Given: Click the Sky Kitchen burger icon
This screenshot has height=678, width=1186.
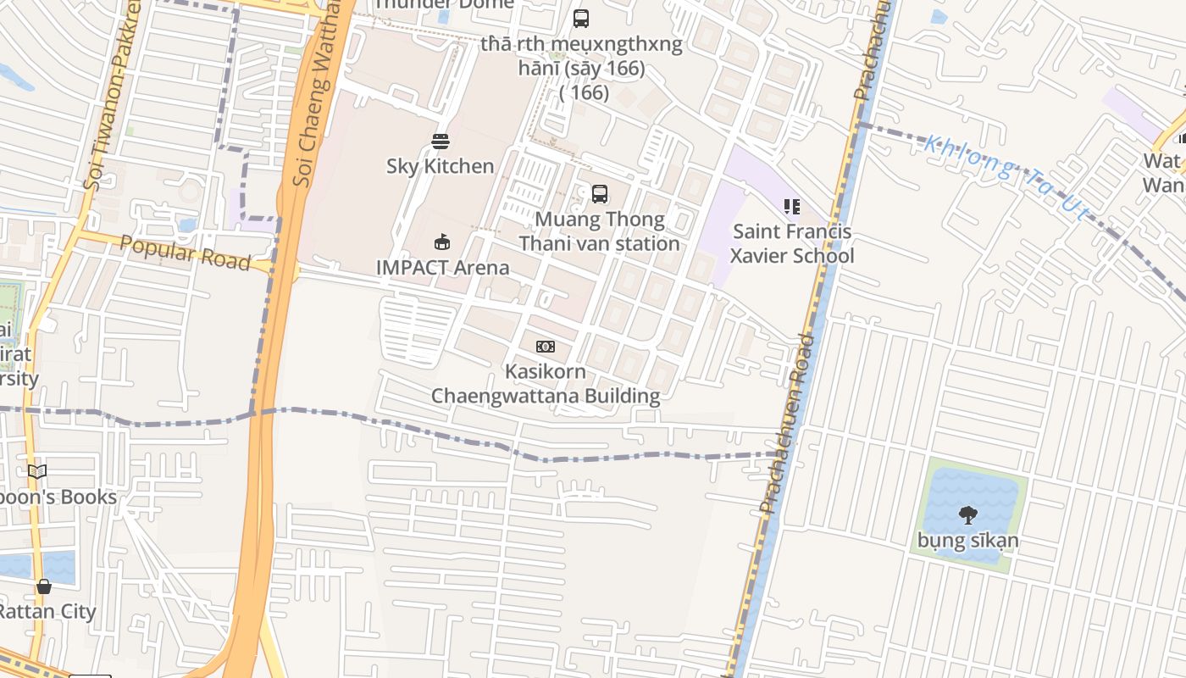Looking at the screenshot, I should [441, 141].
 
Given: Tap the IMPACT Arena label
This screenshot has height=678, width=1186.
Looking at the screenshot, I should [442, 268].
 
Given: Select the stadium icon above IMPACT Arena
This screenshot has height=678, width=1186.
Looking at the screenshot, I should [441, 242].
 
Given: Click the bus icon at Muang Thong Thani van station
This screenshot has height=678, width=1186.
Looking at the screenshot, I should [600, 194].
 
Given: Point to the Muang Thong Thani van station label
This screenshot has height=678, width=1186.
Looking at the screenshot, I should [600, 231].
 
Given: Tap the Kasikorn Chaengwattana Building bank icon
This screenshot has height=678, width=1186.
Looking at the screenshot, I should [546, 347].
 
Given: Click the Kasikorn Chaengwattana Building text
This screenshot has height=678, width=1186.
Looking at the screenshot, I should [546, 384].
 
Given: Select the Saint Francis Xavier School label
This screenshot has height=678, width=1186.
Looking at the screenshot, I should [792, 243].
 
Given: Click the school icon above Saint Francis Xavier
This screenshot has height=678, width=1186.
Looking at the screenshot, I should [792, 206].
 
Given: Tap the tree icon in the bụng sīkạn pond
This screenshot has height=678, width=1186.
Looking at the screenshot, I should [967, 514].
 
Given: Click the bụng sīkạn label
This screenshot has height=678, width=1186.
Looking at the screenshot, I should [967, 540].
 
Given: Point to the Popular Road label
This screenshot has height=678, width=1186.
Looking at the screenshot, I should [185, 253].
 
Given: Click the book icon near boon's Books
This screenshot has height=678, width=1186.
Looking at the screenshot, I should [37, 471].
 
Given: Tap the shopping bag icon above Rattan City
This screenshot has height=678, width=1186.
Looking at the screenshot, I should [44, 586].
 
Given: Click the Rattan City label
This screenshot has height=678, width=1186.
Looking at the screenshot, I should [47, 611].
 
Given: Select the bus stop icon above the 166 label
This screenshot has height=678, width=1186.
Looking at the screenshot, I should [580, 19].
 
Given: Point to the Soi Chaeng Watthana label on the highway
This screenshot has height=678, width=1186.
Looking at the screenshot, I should [316, 93].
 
